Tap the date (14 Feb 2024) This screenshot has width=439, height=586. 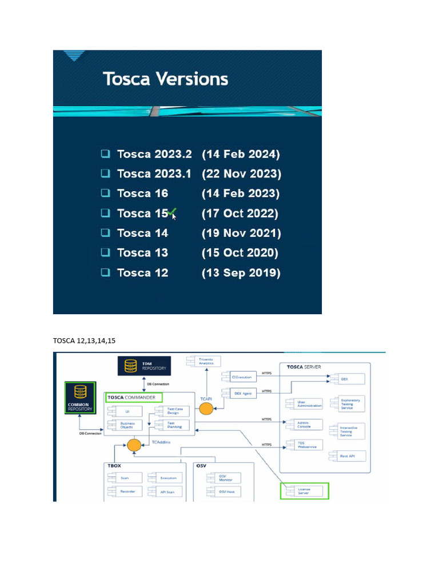click(x=241, y=154)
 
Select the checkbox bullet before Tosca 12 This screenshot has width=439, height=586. click(x=106, y=272)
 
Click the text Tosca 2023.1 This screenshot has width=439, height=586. click(x=154, y=173)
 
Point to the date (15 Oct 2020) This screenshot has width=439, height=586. click(x=240, y=252)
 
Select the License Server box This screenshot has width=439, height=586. click(x=305, y=490)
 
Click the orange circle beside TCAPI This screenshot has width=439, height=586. click(x=206, y=408)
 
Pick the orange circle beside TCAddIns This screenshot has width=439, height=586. click(x=134, y=445)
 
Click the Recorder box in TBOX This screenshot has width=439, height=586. click(x=124, y=492)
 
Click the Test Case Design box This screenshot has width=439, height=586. click(x=169, y=411)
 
